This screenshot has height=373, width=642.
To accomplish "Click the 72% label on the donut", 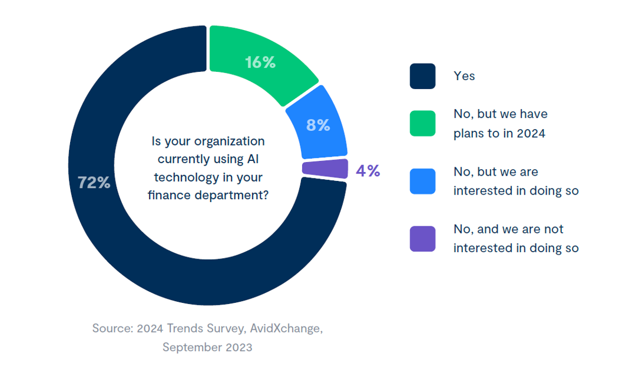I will coord(94,183).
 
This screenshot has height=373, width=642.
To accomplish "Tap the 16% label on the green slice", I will coord(260,62).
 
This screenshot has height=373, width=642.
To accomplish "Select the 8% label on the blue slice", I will coord(318,125).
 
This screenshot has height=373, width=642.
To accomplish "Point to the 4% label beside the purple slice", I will coord(368,171).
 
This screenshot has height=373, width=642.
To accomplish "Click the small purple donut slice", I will coord(325,169).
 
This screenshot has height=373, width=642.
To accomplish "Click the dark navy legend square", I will coord(422,76).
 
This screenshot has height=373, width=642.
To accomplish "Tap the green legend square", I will coord(422,123).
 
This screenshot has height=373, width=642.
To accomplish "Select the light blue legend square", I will coord(422,181).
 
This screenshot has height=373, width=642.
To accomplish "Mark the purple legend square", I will coord(422,239).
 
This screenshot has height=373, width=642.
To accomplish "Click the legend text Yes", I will coord(464,76).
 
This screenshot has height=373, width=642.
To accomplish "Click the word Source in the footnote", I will coord(112,328).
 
